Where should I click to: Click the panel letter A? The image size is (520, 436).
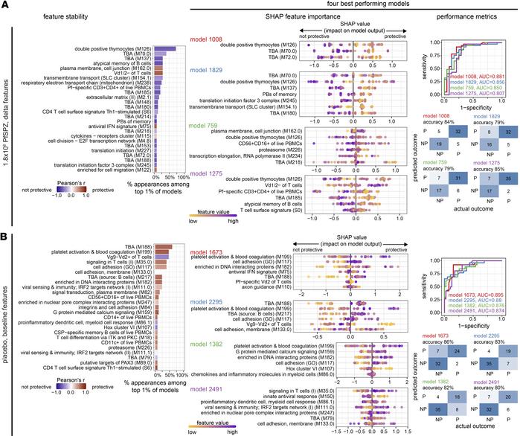pyautogui.click(x=5, y=5)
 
